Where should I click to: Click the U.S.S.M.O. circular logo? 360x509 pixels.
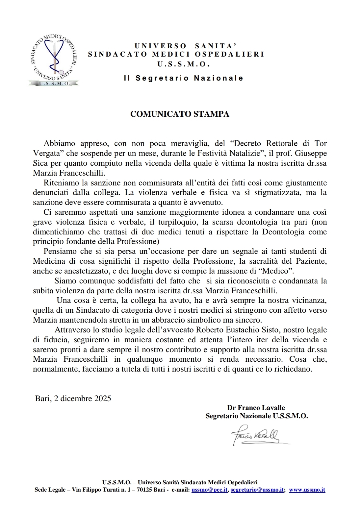[x=54, y=60]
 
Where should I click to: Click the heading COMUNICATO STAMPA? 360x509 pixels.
[x=180, y=114]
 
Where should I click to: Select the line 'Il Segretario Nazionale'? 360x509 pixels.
[x=184, y=78]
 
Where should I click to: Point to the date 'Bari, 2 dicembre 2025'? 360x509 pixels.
[x=73, y=399]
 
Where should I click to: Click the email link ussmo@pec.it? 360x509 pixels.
[x=210, y=490]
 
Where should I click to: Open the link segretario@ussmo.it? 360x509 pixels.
[x=257, y=490]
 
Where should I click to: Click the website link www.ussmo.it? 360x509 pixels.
[x=307, y=490]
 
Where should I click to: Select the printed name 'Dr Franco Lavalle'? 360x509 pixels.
[x=256, y=408]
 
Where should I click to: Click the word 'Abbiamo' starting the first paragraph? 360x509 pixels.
[x=59, y=143]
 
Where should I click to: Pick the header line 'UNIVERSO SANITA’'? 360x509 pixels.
[x=186, y=46]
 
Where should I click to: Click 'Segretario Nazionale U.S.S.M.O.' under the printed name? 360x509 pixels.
[x=257, y=416]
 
